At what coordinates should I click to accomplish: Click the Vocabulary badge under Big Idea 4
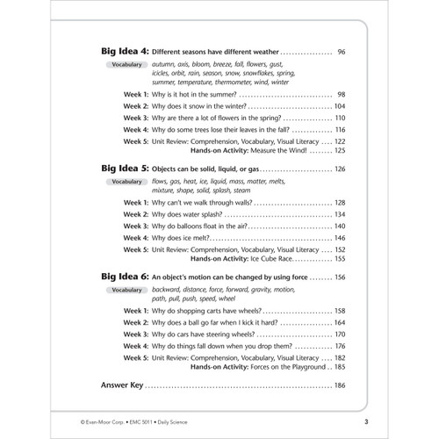point(128,66)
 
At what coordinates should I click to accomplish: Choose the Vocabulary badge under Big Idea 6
point(128,291)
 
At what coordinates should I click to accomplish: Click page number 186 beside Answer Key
point(338,385)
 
